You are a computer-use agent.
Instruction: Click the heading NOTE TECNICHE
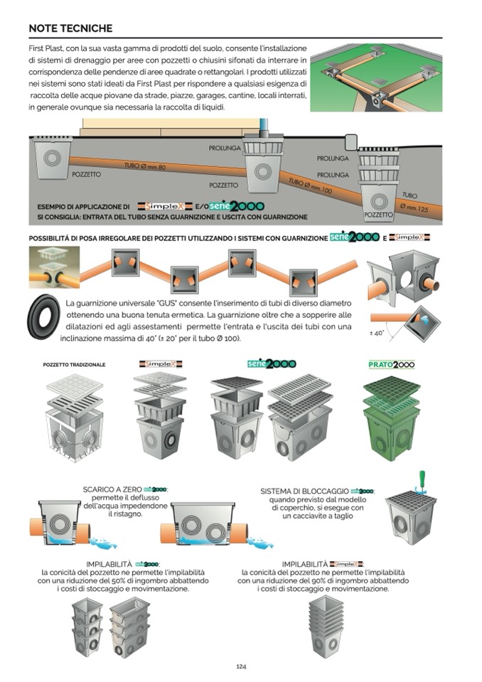[70, 28]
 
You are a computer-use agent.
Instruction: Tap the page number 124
[241, 666]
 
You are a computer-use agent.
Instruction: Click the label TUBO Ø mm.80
[145, 166]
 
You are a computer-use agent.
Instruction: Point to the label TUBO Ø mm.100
[311, 187]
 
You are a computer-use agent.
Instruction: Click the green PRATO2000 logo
[391, 364]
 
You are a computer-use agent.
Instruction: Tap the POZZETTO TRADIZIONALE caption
[74, 365]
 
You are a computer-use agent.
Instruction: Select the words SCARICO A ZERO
[112, 490]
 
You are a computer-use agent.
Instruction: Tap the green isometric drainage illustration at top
[376, 78]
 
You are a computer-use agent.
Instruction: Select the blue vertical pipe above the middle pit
[264, 124]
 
